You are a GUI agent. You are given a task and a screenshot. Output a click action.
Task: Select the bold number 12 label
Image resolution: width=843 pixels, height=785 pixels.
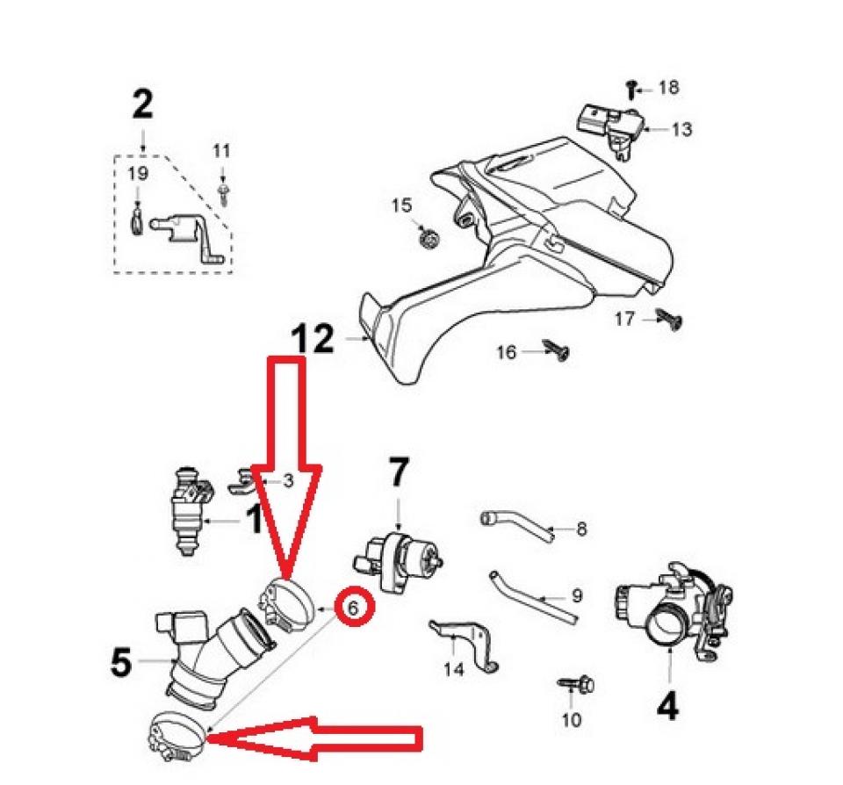pos(313,339)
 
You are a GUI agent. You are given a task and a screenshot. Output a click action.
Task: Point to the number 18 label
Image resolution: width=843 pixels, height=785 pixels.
pos(668,88)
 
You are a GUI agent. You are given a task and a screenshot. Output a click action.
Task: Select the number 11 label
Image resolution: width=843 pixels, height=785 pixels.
pos(220,151)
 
